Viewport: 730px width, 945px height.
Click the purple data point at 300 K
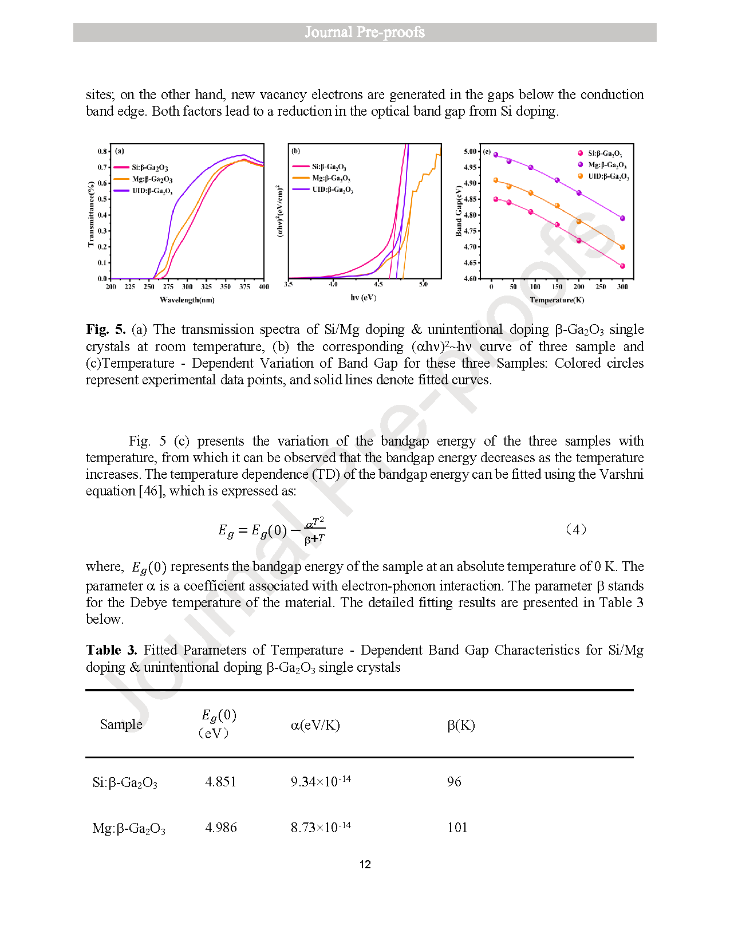coord(622,218)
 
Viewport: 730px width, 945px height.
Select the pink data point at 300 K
coord(622,266)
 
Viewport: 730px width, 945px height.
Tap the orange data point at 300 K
coord(622,247)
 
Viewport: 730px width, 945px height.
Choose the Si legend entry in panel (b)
coord(328,167)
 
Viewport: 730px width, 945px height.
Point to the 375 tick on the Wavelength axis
coord(244,286)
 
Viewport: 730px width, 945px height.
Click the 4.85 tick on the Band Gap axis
coord(470,199)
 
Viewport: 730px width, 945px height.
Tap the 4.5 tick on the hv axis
coord(378,284)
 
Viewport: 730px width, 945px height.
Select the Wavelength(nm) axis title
coord(187,300)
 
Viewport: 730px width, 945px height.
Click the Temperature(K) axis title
coord(557,300)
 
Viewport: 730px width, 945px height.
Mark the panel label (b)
coord(295,151)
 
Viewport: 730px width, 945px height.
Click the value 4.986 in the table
coord(220,828)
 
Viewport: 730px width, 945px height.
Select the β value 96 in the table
coord(454,782)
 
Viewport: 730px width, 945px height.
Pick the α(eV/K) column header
coord(315,725)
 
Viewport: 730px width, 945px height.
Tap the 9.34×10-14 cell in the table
coord(321,782)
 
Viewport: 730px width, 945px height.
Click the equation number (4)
coord(575,529)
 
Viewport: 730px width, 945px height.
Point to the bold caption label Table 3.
coord(112,650)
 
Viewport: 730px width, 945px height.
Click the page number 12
coord(365,864)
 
